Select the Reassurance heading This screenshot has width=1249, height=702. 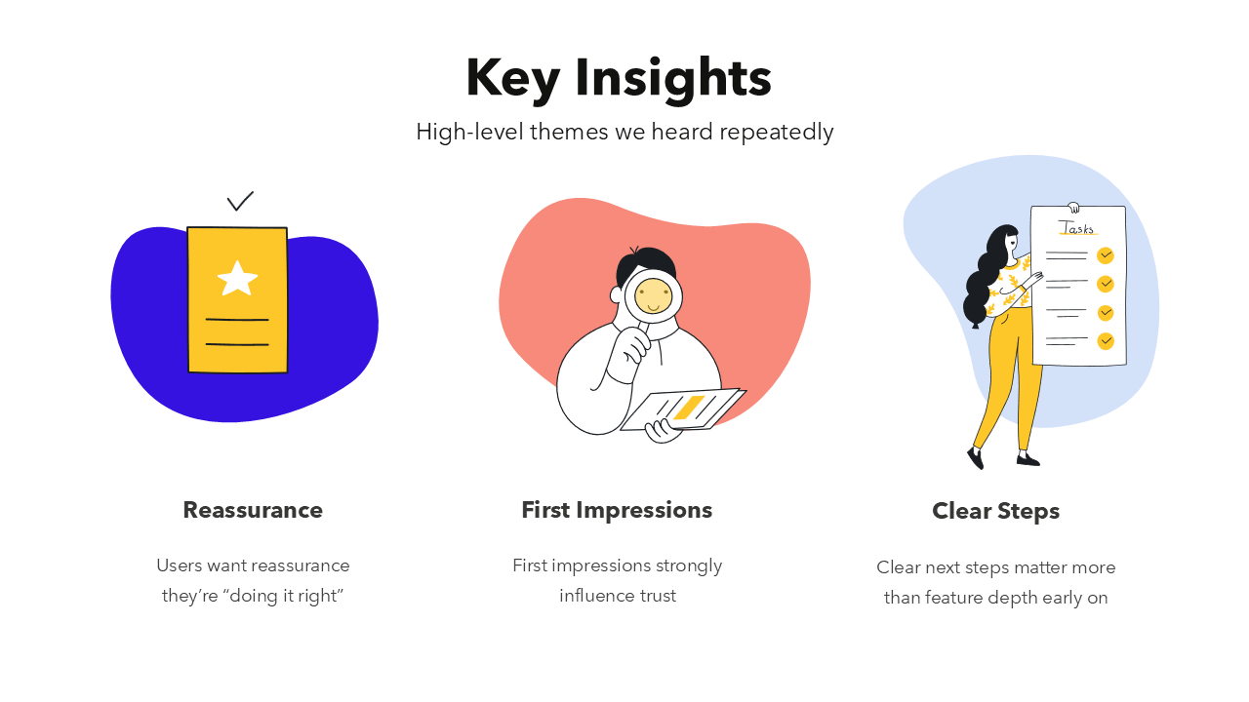[x=253, y=510]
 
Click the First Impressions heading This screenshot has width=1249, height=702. [x=617, y=510]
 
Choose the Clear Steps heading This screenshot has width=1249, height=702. [x=995, y=511]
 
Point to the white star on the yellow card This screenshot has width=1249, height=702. [x=237, y=278]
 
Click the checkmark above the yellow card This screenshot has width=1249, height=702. [x=240, y=201]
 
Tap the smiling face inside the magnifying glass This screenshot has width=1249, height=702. [x=654, y=294]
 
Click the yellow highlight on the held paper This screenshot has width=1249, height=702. [x=689, y=408]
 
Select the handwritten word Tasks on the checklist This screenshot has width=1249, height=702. [x=1077, y=228]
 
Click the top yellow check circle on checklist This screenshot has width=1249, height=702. [x=1106, y=255]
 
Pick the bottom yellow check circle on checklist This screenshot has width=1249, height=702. [x=1106, y=341]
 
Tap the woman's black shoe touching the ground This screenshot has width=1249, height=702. [x=1028, y=459]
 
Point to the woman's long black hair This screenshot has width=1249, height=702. [x=983, y=283]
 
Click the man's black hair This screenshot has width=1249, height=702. [x=648, y=261]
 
